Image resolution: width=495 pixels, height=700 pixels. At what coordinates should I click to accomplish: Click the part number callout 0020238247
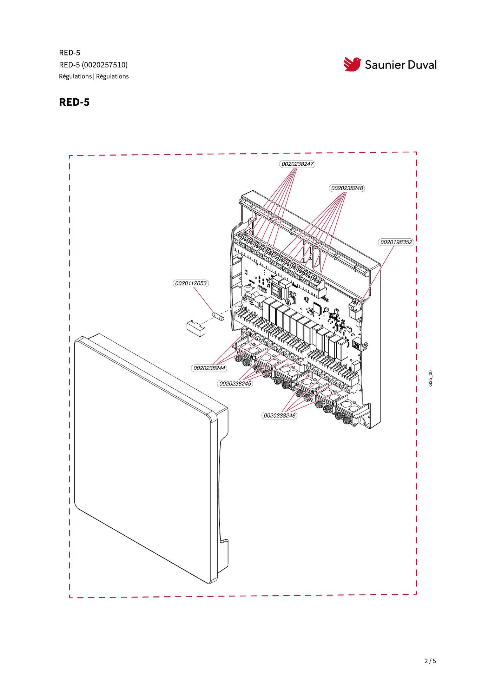pyautogui.click(x=297, y=164)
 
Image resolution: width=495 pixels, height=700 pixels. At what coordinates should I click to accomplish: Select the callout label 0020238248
pyautogui.click(x=347, y=188)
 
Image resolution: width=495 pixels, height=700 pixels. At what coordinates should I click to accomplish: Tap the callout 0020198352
pyautogui.click(x=396, y=242)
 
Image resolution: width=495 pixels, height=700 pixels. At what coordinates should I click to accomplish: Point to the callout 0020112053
pyautogui.click(x=191, y=283)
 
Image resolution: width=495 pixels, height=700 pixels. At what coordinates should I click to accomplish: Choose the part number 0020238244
pyautogui.click(x=209, y=368)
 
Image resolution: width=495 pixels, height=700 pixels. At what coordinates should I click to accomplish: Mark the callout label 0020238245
pyautogui.click(x=235, y=384)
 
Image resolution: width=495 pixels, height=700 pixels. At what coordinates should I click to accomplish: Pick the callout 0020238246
pyautogui.click(x=279, y=416)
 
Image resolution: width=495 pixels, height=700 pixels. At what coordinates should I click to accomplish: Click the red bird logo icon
pyautogui.click(x=352, y=64)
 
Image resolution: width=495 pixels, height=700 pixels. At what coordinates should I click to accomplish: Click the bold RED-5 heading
pyautogui.click(x=74, y=102)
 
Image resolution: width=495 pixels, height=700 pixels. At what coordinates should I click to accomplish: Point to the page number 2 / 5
pyautogui.click(x=430, y=661)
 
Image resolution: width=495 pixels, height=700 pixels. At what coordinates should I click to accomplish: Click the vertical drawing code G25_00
pyautogui.click(x=430, y=378)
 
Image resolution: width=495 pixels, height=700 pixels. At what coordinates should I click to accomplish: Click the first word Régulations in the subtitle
pyautogui.click(x=75, y=77)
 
